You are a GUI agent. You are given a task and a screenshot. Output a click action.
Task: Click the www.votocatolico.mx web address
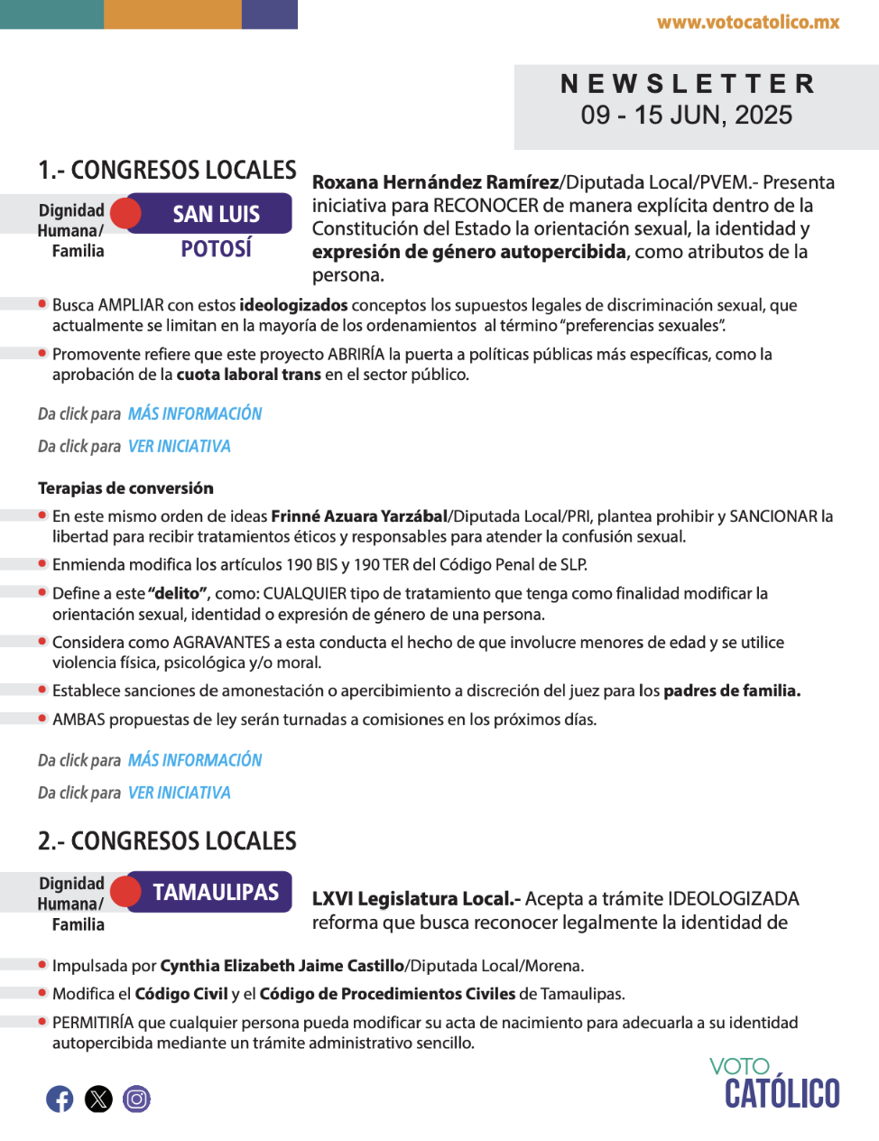point(748,23)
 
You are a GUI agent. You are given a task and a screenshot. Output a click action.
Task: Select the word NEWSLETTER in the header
point(688,84)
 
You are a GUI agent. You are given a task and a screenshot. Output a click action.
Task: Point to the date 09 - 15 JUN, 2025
point(687,116)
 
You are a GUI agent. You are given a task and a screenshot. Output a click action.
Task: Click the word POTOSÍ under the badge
point(216,249)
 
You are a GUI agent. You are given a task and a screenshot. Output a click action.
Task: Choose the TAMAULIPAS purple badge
point(216,892)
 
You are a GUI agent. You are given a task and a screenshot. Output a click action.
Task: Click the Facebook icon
point(60,1099)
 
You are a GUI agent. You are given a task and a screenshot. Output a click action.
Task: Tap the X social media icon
point(98,1099)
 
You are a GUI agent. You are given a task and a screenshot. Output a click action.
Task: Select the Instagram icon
point(137,1099)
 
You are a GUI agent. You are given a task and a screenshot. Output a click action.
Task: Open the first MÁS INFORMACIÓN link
point(195,413)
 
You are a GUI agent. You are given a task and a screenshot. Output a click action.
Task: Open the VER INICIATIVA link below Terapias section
point(180,793)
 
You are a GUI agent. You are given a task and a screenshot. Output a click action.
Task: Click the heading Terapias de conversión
point(125,488)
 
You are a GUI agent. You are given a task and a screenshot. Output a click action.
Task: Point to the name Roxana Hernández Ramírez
point(435,182)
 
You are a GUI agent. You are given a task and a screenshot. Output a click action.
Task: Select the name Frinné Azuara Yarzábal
point(359,516)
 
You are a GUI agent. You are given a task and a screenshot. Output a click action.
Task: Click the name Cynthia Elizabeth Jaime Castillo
point(282,966)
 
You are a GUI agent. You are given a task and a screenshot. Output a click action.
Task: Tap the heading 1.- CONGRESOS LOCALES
point(167,171)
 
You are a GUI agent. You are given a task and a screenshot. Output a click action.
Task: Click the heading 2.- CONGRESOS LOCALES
point(167,841)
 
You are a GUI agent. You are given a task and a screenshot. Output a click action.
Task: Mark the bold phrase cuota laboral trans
point(248,375)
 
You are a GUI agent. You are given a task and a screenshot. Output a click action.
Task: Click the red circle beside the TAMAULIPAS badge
point(126,892)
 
